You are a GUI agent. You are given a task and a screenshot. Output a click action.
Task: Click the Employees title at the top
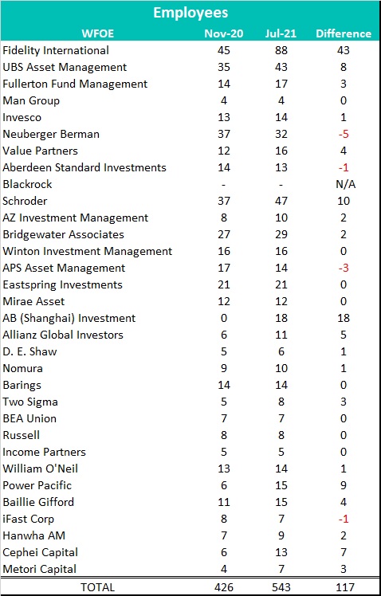[190, 13]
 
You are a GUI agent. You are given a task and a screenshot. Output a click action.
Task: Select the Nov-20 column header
[224, 33]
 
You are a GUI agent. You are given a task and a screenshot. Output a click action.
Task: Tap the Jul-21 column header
[281, 33]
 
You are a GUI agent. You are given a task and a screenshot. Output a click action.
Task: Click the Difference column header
[344, 33]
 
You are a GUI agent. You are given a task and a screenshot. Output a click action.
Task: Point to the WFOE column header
[98, 33]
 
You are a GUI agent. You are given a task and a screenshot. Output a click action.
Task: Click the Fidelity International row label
[56, 50]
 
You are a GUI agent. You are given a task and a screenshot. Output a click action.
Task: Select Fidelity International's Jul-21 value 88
[281, 50]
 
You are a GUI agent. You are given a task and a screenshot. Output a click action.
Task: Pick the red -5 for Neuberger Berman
[344, 134]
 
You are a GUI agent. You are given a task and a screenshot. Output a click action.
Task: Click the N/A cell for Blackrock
[344, 184]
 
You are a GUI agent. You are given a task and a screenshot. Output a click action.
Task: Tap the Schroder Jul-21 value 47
[281, 201]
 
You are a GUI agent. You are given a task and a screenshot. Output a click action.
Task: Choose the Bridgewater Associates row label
[63, 234]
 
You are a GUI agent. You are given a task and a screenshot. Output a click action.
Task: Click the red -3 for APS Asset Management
[344, 268]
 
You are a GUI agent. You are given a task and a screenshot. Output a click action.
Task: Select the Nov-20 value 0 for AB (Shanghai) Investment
[224, 318]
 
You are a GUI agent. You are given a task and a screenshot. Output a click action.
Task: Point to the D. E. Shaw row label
[29, 351]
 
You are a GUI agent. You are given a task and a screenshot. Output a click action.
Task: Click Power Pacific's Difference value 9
[344, 485]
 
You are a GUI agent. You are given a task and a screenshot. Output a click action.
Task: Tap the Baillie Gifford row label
[38, 502]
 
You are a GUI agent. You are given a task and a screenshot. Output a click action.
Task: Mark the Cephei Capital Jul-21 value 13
[281, 552]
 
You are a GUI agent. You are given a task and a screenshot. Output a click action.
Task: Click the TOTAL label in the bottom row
[98, 587]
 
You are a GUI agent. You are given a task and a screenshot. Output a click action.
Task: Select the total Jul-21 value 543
[281, 587]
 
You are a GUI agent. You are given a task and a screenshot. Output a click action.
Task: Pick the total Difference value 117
[344, 587]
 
